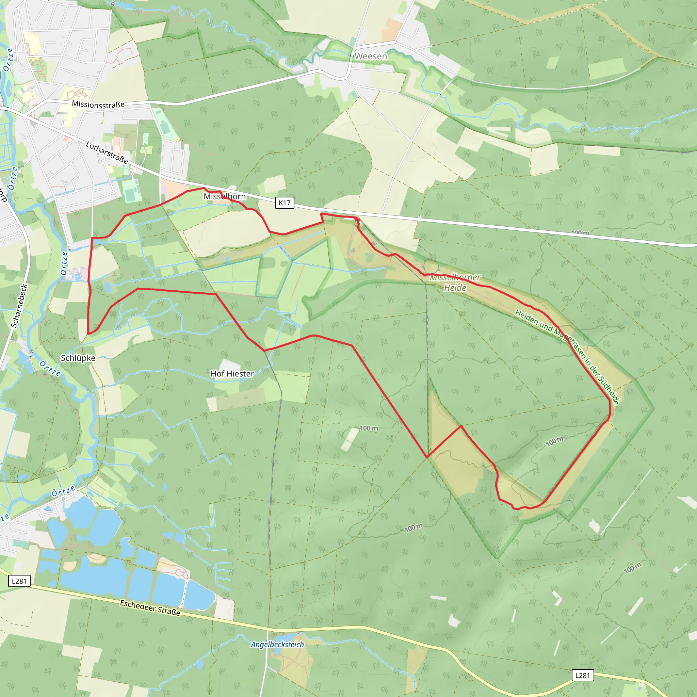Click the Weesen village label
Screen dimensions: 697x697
371,56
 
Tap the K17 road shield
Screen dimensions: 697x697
285,203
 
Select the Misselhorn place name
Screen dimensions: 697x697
224,196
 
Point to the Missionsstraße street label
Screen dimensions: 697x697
98,104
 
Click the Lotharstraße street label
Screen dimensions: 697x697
107,152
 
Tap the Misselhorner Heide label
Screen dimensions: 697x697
455,282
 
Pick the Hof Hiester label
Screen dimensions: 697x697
232,374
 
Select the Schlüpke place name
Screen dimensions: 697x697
78,358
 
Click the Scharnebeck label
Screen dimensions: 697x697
19,306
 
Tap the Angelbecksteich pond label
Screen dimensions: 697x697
277,644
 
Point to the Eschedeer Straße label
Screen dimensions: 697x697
150,607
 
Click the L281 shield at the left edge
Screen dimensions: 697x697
19,581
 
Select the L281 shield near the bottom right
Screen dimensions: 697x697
582,675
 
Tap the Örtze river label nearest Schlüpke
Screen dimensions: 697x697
50,368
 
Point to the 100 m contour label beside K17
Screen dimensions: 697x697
580,233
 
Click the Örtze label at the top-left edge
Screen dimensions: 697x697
8,60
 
